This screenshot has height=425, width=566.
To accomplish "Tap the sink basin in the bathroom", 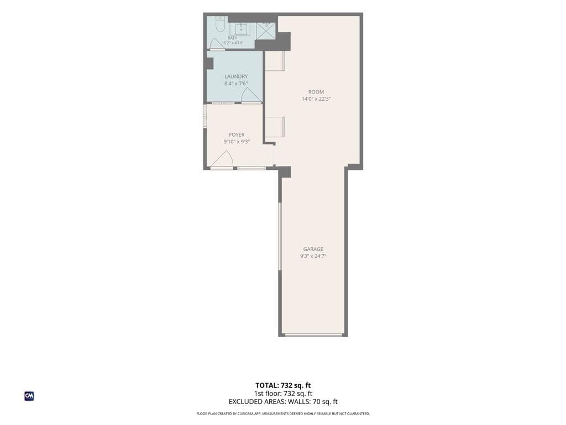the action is (x=241, y=29).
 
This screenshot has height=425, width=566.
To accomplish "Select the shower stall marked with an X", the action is (x=266, y=31).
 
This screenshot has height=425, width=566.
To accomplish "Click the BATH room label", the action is (x=233, y=38).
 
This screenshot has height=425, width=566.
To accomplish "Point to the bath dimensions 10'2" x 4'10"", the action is (x=233, y=43).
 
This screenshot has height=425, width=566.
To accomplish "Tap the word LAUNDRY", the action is (x=236, y=76).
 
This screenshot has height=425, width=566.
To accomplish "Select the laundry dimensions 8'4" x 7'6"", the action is (x=236, y=84).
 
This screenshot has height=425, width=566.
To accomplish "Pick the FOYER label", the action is (x=237, y=135).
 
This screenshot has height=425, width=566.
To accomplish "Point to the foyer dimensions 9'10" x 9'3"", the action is (x=237, y=142).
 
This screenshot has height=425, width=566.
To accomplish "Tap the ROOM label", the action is (x=316, y=92).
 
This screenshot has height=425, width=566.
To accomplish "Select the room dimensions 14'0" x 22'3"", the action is (x=316, y=99).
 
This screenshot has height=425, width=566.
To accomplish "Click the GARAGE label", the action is (x=313, y=249).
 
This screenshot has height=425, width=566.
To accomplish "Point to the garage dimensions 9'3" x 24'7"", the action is (x=313, y=256).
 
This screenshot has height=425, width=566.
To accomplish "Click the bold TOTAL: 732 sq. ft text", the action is (x=283, y=385).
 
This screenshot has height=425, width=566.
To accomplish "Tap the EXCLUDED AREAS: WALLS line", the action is (x=283, y=402).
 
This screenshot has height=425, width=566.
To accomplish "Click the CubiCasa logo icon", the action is (x=29, y=396).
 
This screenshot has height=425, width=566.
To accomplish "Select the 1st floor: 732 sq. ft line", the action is (x=283, y=393).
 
